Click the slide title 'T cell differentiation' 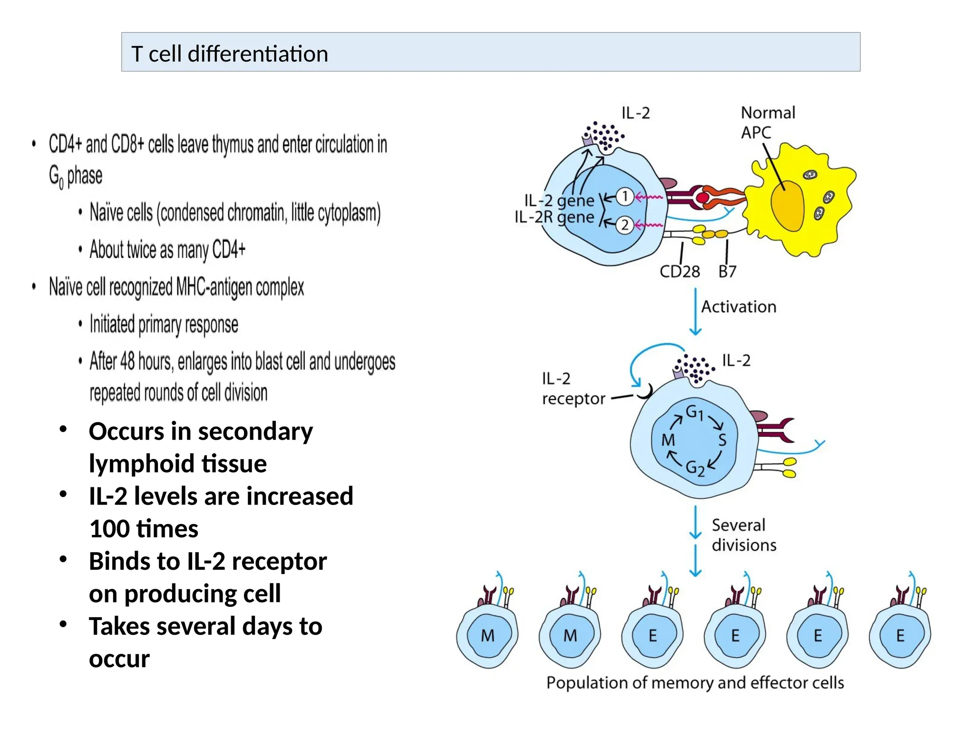230,54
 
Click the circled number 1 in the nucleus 625,196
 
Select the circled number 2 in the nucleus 625,225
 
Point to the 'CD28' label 679,272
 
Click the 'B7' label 727,272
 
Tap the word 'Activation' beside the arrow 739,307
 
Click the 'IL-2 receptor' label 573,389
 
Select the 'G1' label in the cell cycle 694,412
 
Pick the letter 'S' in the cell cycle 722,440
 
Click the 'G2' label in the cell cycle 695,468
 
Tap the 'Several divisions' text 743,535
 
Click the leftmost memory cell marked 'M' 488,635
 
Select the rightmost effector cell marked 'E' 900,635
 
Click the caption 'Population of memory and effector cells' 695,683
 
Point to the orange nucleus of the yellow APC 788,205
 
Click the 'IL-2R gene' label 554,217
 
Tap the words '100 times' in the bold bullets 144,529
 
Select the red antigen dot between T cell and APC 702,198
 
